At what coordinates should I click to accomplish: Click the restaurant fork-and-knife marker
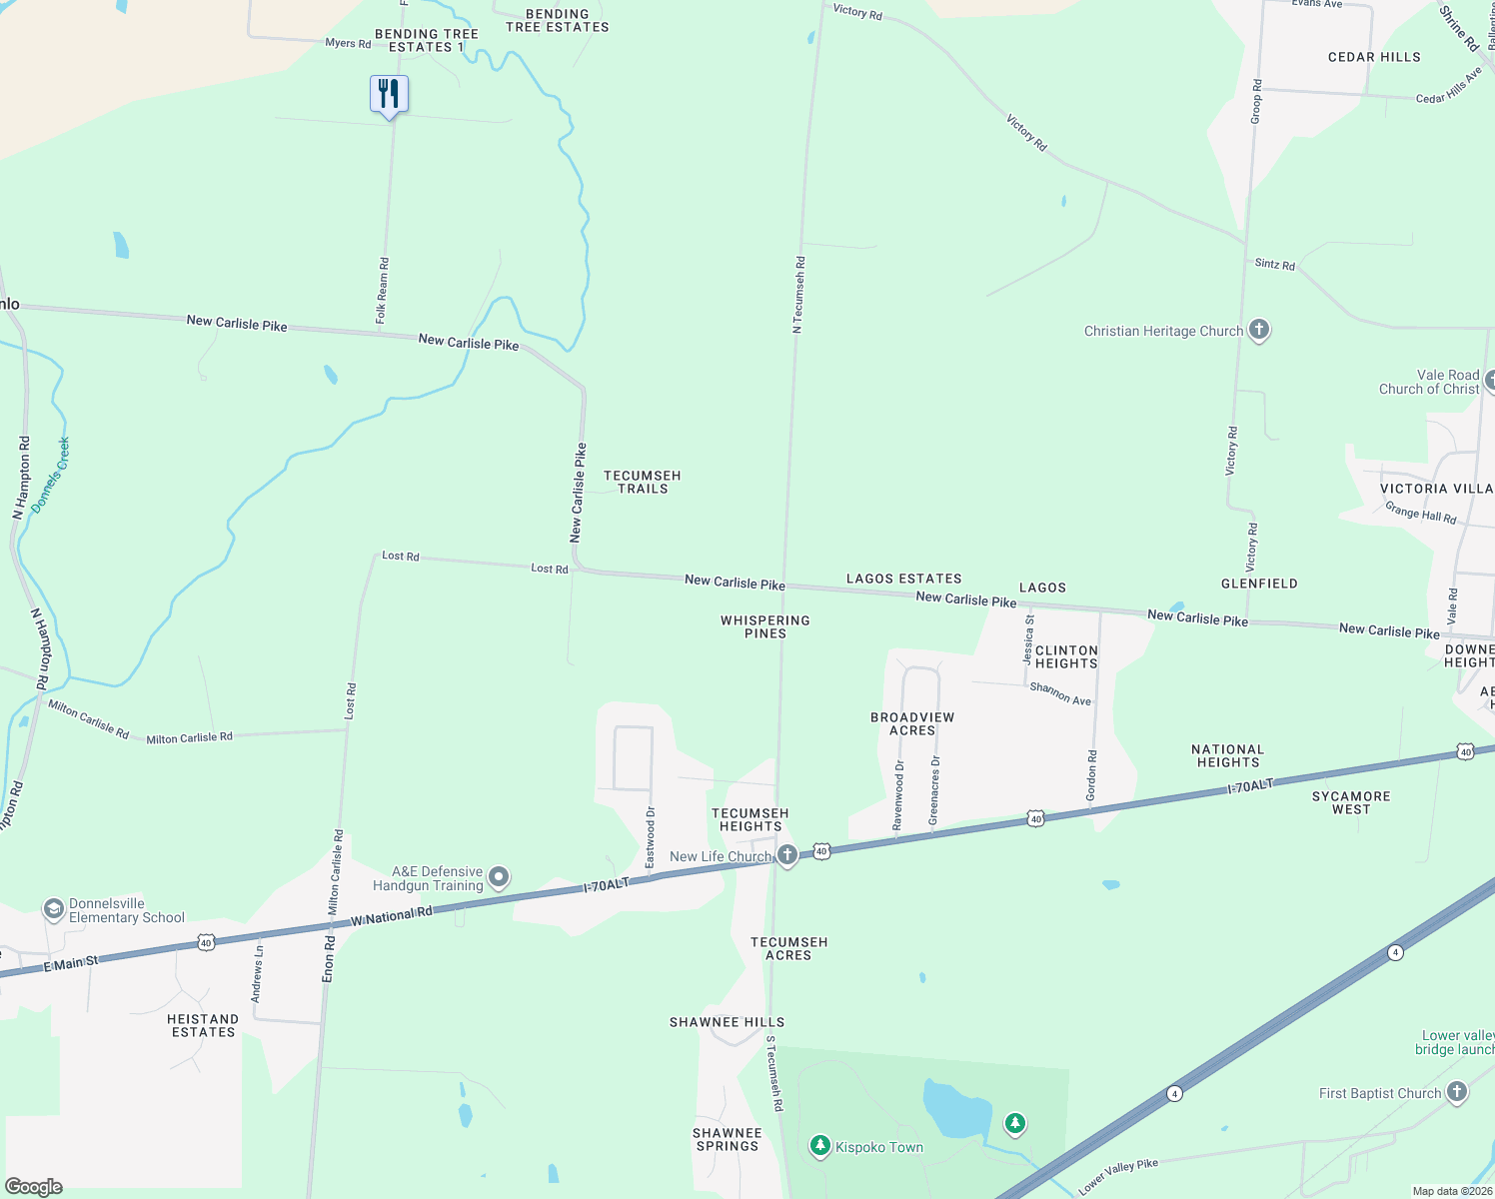tap(389, 95)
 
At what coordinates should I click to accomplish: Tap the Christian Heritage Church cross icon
tap(1259, 330)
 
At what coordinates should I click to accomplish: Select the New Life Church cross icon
tap(787, 855)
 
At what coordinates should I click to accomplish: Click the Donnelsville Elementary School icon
tap(53, 909)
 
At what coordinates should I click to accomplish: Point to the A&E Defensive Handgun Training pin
tap(499, 878)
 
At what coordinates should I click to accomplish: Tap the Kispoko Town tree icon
tap(820, 1146)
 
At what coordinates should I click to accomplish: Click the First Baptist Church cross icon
tap(1457, 1092)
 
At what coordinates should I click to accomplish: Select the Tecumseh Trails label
tap(642, 482)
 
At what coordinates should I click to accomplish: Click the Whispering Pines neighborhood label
tap(765, 626)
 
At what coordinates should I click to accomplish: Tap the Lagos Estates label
tap(903, 579)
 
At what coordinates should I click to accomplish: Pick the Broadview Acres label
tap(912, 723)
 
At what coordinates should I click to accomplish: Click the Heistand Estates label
tap(203, 1025)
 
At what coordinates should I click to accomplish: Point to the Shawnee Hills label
tap(727, 1022)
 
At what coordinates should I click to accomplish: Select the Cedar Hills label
tap(1374, 57)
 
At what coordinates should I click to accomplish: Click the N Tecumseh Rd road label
tap(798, 295)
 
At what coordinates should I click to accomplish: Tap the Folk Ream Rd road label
tap(382, 290)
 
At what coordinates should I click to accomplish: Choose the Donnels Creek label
tap(50, 475)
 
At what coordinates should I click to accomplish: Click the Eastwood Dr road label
tap(651, 837)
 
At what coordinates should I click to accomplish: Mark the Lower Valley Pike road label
tap(1118, 1176)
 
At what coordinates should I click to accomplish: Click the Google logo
tap(34, 1186)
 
